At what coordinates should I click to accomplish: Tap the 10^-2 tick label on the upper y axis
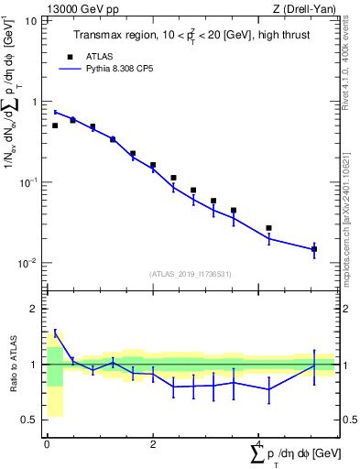click(27, 263)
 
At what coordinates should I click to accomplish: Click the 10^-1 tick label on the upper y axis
click(27, 182)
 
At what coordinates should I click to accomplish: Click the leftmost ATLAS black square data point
click(55, 125)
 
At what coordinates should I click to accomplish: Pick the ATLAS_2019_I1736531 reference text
click(191, 274)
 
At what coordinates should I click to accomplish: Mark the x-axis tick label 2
click(153, 444)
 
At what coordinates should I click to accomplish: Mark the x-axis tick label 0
click(47, 444)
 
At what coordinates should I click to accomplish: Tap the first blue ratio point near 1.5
click(55, 333)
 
